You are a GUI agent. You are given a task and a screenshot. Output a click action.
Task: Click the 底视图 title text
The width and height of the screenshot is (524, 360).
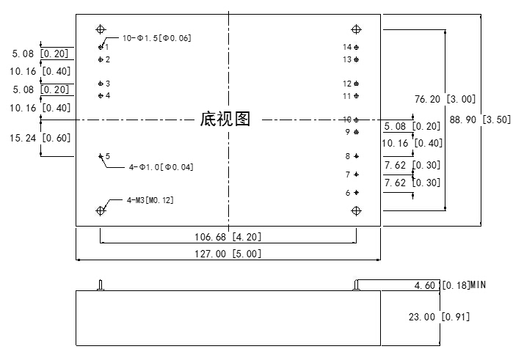(x=225, y=120)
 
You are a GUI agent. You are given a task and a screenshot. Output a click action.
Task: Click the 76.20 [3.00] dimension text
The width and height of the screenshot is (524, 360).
(x=445, y=99)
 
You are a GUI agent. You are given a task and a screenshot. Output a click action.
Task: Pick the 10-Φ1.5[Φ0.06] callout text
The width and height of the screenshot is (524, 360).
(x=156, y=38)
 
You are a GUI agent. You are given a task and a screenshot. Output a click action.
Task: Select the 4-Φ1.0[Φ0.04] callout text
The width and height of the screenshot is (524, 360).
(x=161, y=167)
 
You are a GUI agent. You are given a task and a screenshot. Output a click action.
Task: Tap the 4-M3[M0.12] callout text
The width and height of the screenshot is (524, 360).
(x=150, y=199)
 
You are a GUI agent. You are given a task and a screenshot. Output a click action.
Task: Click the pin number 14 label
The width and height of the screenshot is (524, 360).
(x=347, y=47)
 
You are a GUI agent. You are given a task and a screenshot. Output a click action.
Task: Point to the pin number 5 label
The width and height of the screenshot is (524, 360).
(x=108, y=156)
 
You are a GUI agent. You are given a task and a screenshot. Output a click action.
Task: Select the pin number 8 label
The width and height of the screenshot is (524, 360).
(x=348, y=156)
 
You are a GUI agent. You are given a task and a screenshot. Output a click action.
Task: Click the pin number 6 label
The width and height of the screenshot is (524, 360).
(x=348, y=193)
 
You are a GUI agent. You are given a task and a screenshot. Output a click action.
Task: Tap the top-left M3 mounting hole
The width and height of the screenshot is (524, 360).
(x=101, y=29)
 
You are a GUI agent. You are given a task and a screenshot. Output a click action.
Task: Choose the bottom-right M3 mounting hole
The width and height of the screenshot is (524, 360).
(x=357, y=210)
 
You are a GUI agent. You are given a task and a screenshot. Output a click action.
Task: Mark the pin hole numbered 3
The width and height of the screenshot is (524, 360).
(x=101, y=84)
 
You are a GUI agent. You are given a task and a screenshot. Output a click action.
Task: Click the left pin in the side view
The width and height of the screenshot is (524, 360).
(x=101, y=285)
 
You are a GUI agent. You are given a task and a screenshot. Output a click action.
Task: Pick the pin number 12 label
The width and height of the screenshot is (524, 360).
(x=347, y=84)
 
